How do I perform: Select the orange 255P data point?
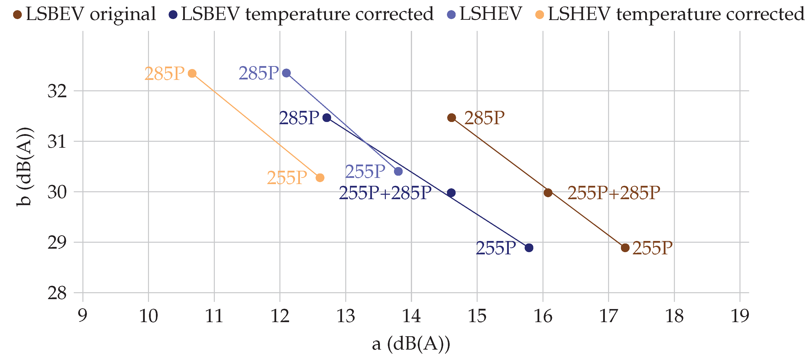pyautogui.click(x=320, y=178)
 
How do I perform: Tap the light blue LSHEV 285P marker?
pyautogui.click(x=286, y=73)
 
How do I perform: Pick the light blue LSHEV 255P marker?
pyautogui.click(x=398, y=171)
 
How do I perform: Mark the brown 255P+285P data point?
pyautogui.click(x=548, y=192)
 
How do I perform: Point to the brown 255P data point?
pyautogui.click(x=625, y=248)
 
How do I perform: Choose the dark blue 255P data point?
pyautogui.click(x=529, y=248)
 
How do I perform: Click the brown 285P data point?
pyautogui.click(x=451, y=118)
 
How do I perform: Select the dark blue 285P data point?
pyautogui.click(x=327, y=118)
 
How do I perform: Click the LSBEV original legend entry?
pyautogui.click(x=84, y=14)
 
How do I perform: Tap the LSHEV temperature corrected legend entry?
pyautogui.click(x=670, y=14)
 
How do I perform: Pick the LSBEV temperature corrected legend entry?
pyautogui.click(x=301, y=14)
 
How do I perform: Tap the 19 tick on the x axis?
pyautogui.click(x=740, y=316)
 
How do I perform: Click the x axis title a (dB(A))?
pyautogui.click(x=411, y=344)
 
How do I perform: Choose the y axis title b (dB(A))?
pyautogui.click(x=24, y=167)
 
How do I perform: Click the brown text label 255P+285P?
pyautogui.click(x=614, y=193)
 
